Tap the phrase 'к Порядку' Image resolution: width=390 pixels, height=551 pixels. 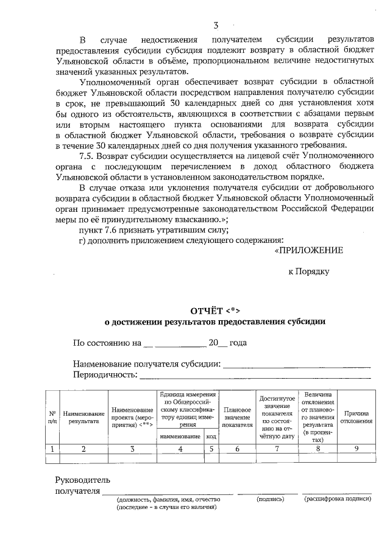click(x=309, y=271)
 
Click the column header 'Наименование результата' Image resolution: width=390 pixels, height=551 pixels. click(x=84, y=417)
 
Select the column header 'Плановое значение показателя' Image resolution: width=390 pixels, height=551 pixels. click(x=237, y=417)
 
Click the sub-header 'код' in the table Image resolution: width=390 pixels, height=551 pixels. click(x=211, y=436)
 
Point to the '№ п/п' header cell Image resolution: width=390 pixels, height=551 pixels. click(x=52, y=417)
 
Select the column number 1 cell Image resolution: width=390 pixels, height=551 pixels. click(x=52, y=449)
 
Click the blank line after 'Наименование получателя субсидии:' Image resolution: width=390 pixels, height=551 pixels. click(x=297, y=366)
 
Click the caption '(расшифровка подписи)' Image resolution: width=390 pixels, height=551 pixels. click(x=338, y=499)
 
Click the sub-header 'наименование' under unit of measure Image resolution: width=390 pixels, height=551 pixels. click(x=180, y=436)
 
